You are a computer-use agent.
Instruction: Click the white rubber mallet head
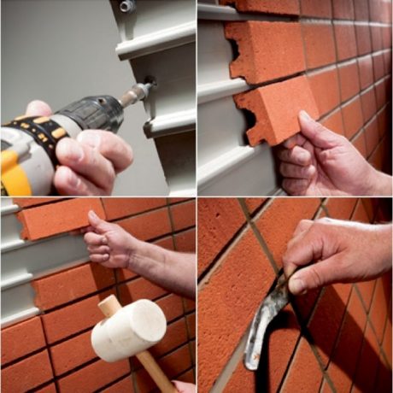click(x=128, y=329)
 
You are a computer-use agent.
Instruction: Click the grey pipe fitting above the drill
click(x=128, y=6)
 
